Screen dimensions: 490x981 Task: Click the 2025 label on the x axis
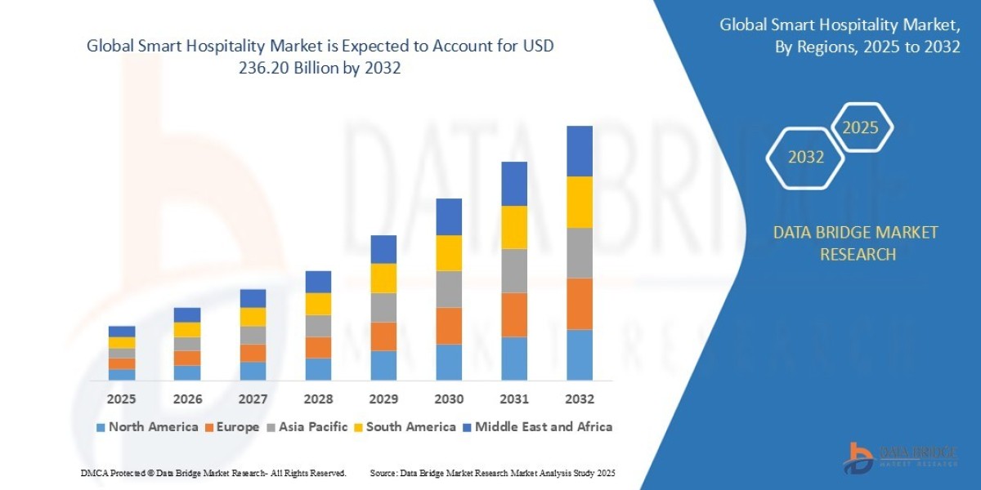tap(121, 399)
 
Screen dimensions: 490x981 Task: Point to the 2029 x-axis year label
tap(383, 399)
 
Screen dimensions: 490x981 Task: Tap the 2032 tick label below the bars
tap(580, 399)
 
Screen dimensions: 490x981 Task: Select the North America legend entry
tap(146, 426)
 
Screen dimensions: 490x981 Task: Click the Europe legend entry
tap(231, 426)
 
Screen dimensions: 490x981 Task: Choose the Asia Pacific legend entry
tap(307, 426)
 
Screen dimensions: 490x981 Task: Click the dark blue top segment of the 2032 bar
tap(580, 151)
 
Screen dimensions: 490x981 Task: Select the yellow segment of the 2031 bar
tap(514, 227)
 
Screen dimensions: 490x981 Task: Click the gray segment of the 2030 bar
tap(449, 289)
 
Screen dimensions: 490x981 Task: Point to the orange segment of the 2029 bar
tap(383, 336)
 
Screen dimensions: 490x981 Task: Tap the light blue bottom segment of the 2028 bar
tap(318, 369)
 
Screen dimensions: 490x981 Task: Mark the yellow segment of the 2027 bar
tap(253, 317)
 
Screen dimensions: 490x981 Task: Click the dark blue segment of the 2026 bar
tap(187, 314)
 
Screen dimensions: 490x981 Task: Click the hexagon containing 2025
tap(860, 127)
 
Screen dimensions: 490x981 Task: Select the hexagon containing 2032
tap(805, 157)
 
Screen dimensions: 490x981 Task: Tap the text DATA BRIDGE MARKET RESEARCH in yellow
tap(856, 243)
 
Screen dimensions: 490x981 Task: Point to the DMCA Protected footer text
tap(213, 473)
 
